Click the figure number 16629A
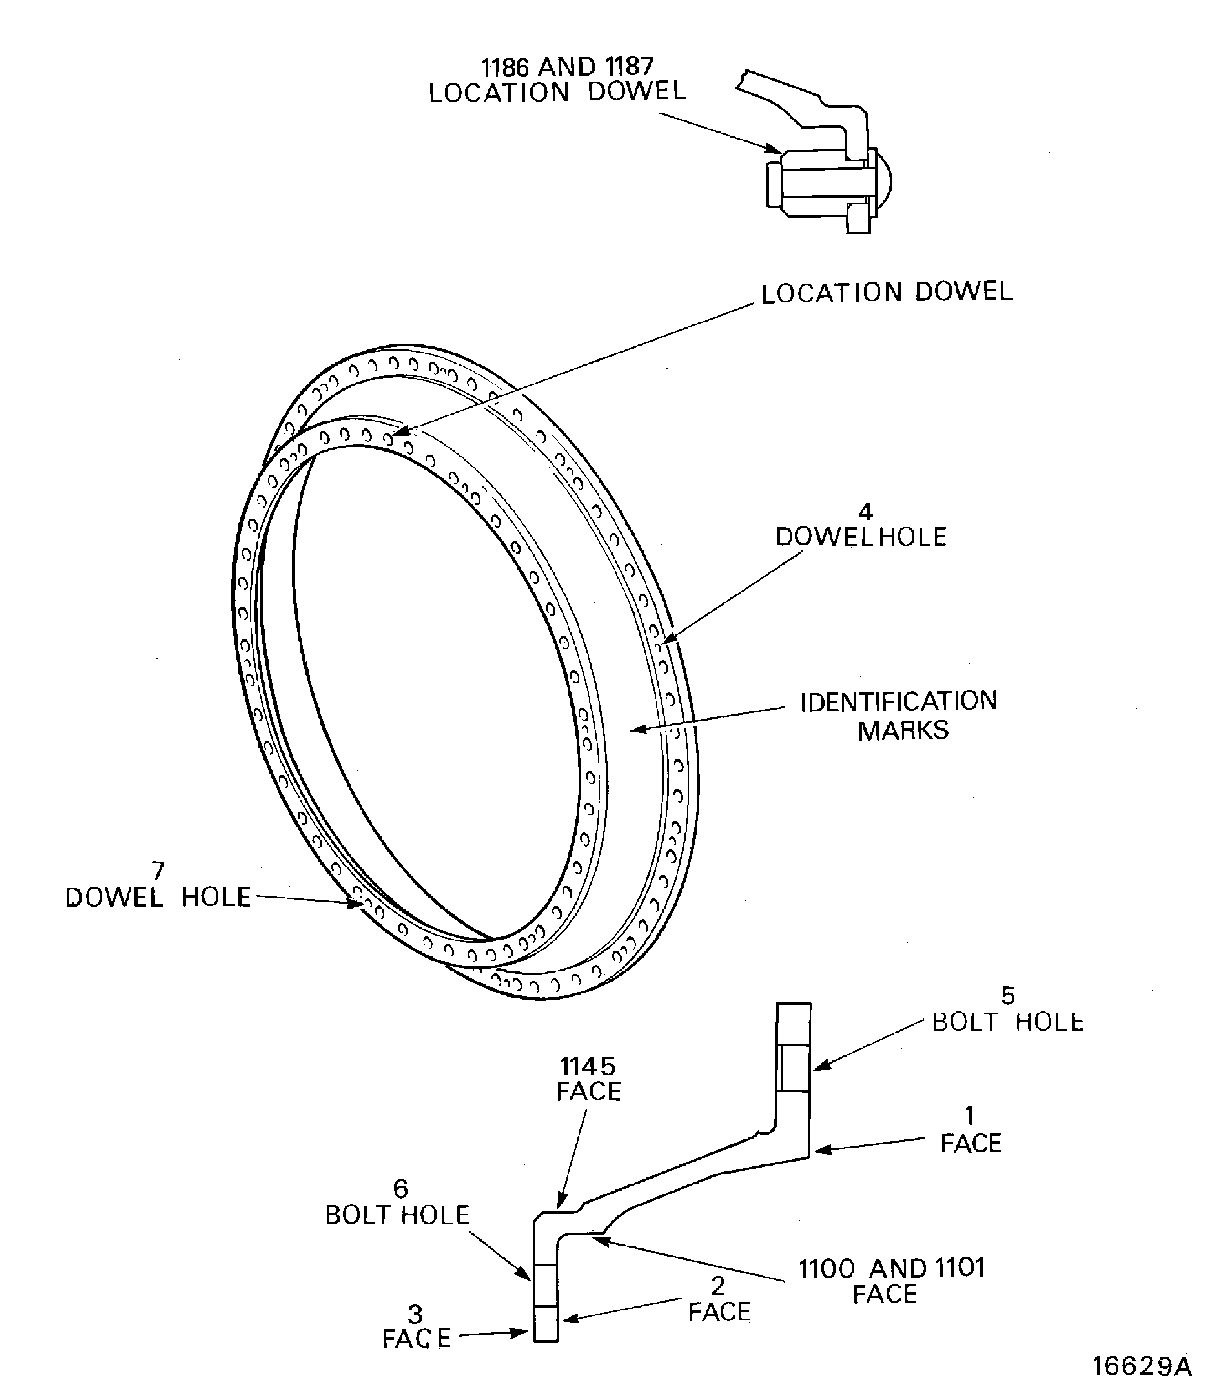[1142, 1366]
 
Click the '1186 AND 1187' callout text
[567, 67]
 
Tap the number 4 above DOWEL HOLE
[865, 511]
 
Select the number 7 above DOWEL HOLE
[158, 870]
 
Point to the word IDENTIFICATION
[899, 701]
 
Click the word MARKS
[903, 731]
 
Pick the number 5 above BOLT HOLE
[1008, 996]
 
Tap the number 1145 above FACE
[587, 1067]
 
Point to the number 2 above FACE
[718, 1286]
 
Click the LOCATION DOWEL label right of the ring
[886, 293]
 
